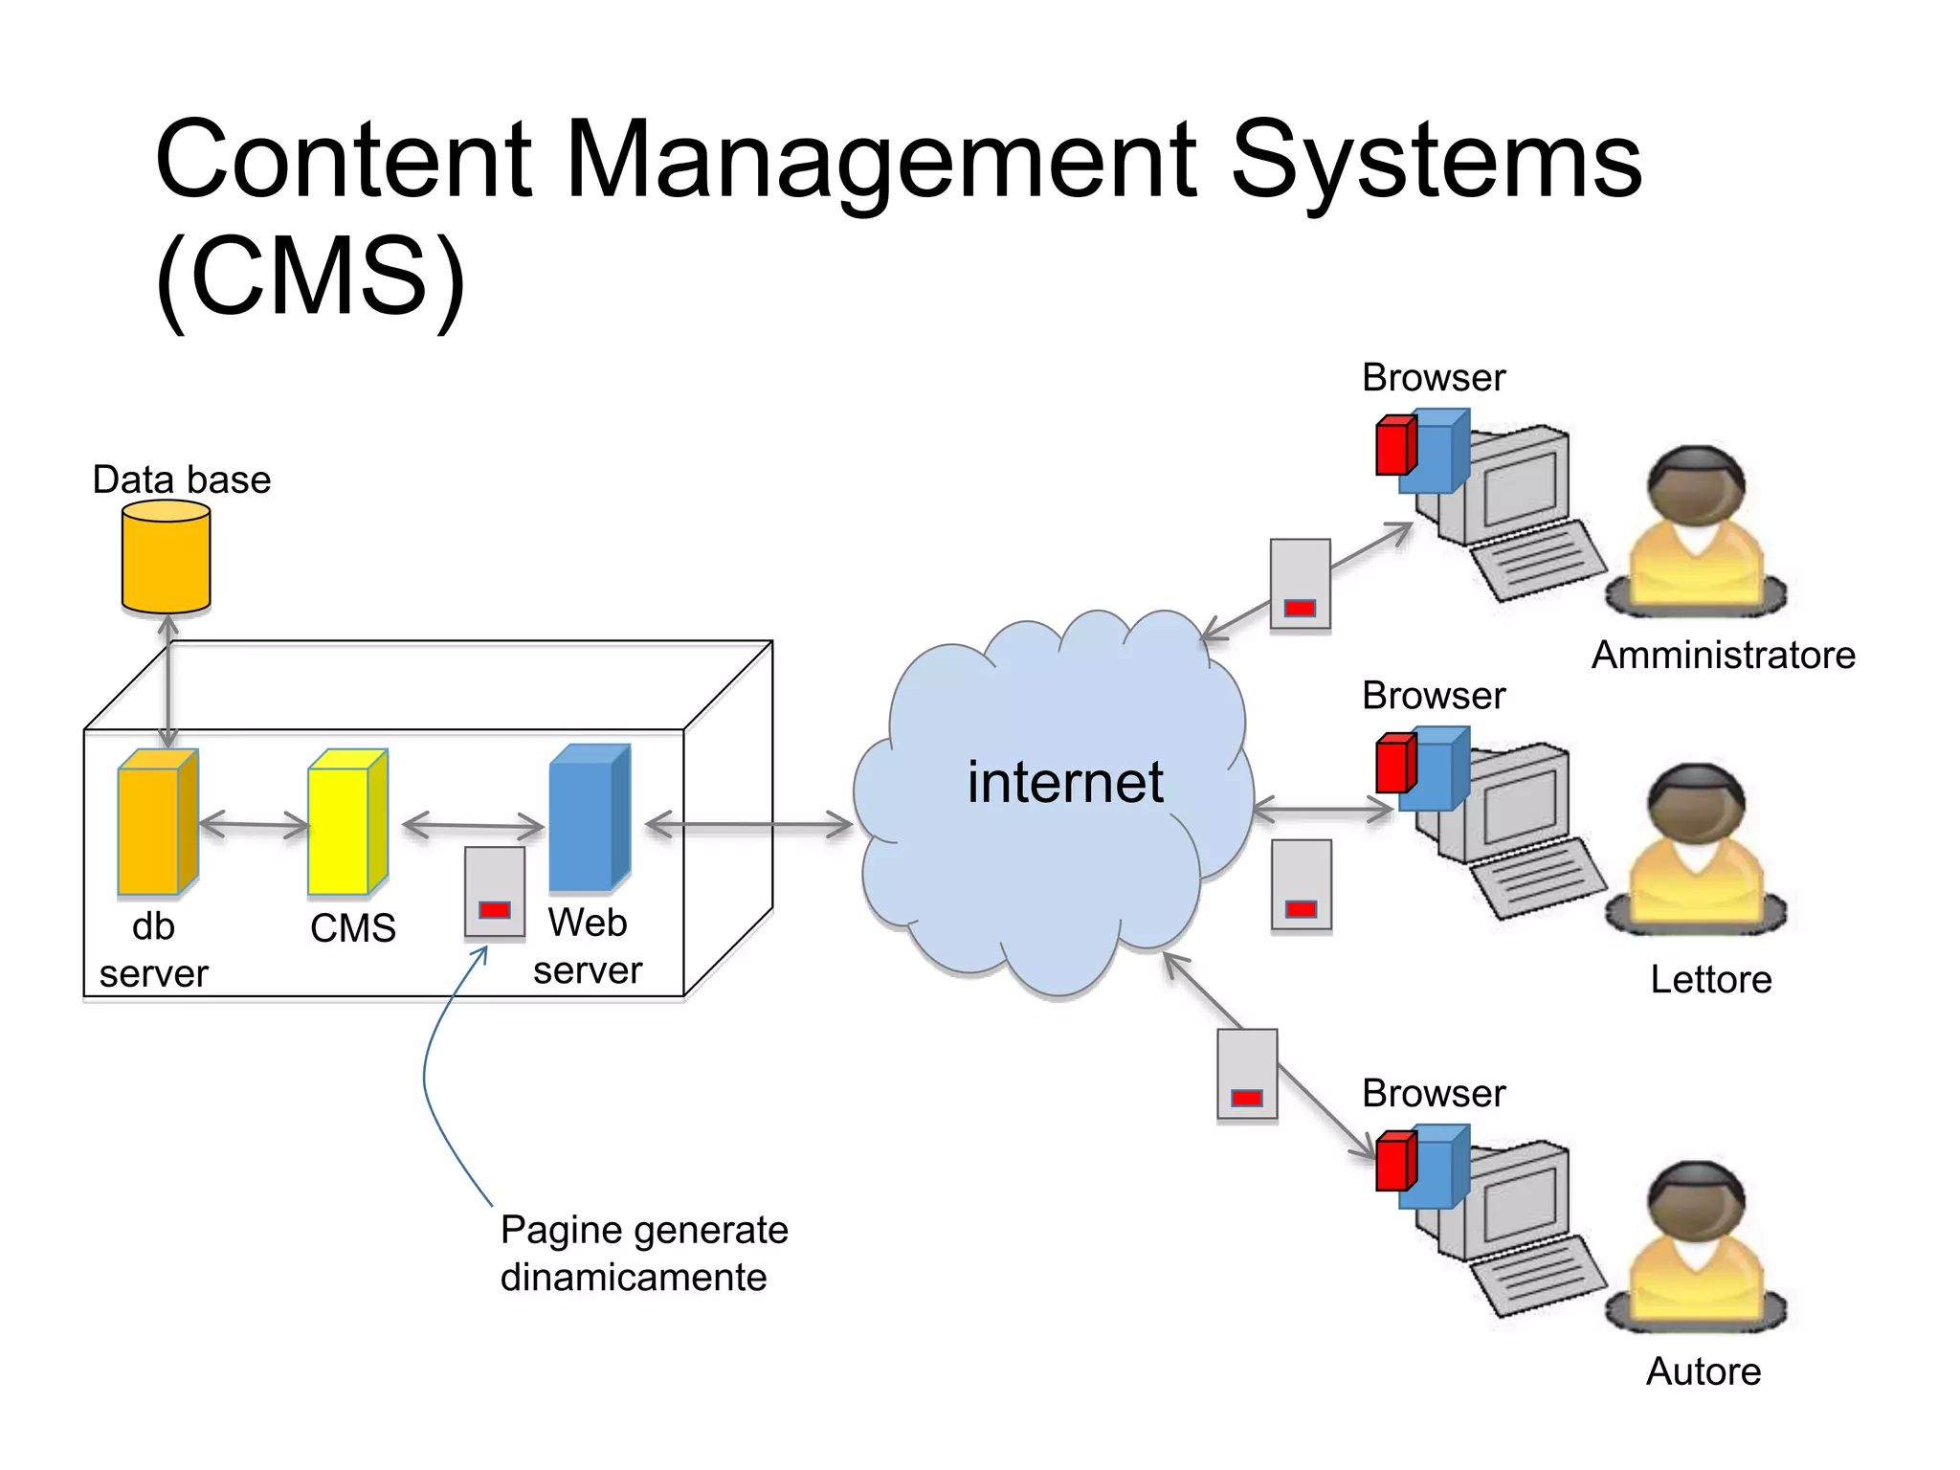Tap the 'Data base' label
(181, 479)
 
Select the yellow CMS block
(346, 822)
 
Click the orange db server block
(157, 822)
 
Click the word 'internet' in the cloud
(1064, 782)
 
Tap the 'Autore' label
(1703, 1371)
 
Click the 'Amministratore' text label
(1723, 656)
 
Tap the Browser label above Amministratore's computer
(1433, 378)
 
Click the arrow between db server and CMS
(254, 824)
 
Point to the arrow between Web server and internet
(749, 825)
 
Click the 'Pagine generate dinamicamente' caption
(643, 1253)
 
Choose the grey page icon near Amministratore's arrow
(1299, 583)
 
